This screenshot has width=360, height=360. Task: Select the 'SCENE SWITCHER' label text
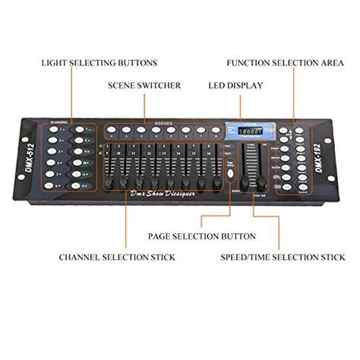click(x=144, y=86)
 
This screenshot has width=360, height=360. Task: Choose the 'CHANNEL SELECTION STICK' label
click(x=117, y=257)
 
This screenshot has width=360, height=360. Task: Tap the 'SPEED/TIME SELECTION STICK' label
click(x=282, y=257)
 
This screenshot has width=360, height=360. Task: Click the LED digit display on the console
click(x=245, y=131)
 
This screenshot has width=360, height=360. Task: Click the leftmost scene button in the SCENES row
click(x=111, y=129)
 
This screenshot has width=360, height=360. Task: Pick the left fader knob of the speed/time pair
click(x=245, y=182)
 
